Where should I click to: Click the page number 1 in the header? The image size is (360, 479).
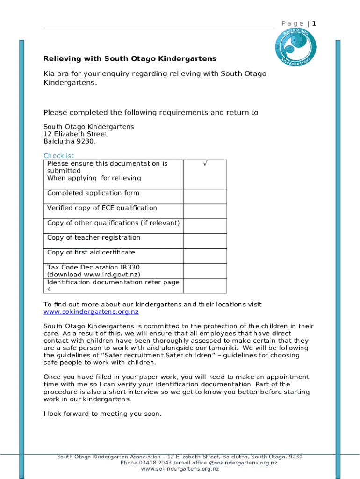click(315, 23)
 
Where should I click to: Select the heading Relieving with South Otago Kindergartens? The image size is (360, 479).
click(130, 59)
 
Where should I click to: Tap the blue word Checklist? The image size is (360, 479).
click(58, 156)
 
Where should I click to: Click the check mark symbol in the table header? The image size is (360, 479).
click(205, 164)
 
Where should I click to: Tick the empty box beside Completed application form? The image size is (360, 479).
click(205, 196)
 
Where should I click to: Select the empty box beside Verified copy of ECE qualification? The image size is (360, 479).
click(205, 211)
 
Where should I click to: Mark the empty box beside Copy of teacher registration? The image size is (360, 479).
click(205, 240)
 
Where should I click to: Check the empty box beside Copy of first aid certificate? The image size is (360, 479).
click(205, 255)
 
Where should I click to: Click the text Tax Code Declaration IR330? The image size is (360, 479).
click(93, 267)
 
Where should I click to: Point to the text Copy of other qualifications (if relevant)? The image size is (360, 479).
click(113, 223)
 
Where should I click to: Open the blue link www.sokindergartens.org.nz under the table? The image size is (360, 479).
click(91, 312)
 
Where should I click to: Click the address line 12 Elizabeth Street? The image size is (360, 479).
click(75, 134)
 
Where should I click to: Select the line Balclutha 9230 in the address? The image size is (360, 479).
click(69, 141)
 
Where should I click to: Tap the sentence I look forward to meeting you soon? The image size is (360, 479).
click(102, 414)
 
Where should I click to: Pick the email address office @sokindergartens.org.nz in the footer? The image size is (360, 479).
click(237, 463)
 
